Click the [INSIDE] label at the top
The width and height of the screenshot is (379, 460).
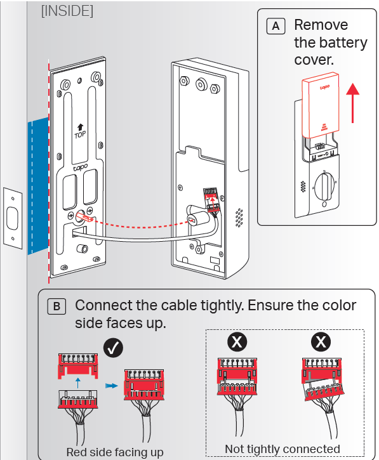coord(67,12)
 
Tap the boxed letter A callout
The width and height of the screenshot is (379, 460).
coord(276,26)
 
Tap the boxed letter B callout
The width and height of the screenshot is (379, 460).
coord(57,306)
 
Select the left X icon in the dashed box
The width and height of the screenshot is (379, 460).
coord(237,343)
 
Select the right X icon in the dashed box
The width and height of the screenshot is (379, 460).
coord(322,343)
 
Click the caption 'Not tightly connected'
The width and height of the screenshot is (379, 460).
coord(282,449)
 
